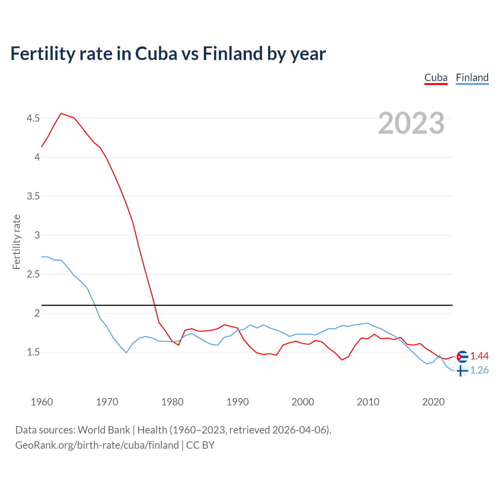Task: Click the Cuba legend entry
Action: coord(436,78)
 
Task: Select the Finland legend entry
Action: coord(472,78)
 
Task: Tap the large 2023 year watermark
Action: coord(411,123)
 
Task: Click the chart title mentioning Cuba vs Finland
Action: coord(168,53)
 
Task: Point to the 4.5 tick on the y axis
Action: coord(33,118)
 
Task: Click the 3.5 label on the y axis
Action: coord(33,196)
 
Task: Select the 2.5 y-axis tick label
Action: coord(33,274)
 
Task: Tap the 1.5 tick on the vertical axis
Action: coord(33,352)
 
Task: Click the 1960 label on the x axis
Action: coord(42,402)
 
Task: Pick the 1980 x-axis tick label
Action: coord(172,402)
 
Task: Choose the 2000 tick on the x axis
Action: coord(303,402)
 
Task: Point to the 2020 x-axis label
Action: coord(433,402)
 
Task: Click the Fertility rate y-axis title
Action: coord(16,242)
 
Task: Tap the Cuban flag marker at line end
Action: coord(462,356)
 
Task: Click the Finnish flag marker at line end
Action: coord(462,370)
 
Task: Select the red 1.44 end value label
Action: coord(480,356)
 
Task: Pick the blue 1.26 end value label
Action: coord(480,370)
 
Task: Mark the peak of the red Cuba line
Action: coord(61,113)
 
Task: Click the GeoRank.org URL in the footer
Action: coord(97,445)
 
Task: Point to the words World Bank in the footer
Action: coord(104,430)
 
